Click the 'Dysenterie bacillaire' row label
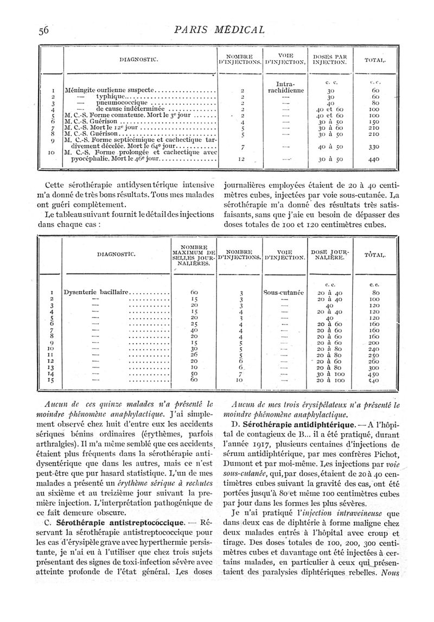point(97,292)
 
